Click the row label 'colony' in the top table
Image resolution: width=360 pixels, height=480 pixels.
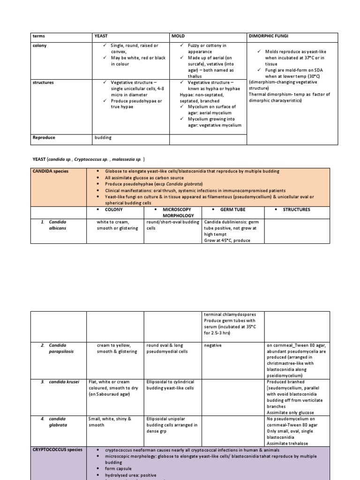point(40,45)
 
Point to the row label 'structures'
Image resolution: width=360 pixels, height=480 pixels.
point(43,82)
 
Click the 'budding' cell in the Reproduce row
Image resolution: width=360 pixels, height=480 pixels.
point(104,138)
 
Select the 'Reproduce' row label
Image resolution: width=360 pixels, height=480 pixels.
point(44,138)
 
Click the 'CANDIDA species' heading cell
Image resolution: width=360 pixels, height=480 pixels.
point(51,171)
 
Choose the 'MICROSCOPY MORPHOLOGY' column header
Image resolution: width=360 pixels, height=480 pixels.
point(177,212)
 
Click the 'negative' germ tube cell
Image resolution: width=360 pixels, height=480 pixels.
point(212,345)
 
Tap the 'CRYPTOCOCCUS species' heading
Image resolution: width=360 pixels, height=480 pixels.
point(57,450)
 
